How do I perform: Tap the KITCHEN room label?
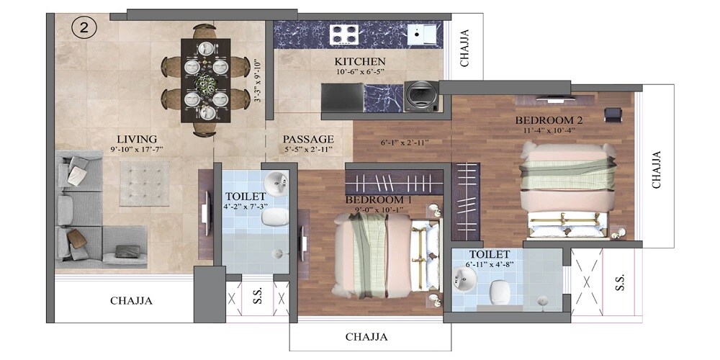point(360,61)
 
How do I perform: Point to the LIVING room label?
point(138,138)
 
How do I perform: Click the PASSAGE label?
point(308,138)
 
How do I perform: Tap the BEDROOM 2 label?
point(548,120)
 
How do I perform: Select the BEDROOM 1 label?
point(379,199)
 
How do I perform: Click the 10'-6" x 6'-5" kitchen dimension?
point(360,72)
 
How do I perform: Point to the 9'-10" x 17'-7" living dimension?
point(138,150)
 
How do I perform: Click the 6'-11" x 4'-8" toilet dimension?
point(489,265)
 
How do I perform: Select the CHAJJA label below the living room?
point(131,301)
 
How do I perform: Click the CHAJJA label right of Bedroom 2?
point(657,170)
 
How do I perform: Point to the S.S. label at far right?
point(621,282)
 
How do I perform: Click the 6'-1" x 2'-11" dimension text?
point(405,143)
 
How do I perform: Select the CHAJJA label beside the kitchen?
point(465,48)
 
